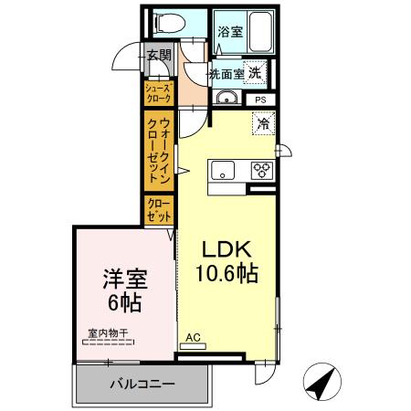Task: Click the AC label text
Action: click(x=193, y=336)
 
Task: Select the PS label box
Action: click(x=260, y=99)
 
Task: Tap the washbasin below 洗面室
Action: click(x=228, y=99)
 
